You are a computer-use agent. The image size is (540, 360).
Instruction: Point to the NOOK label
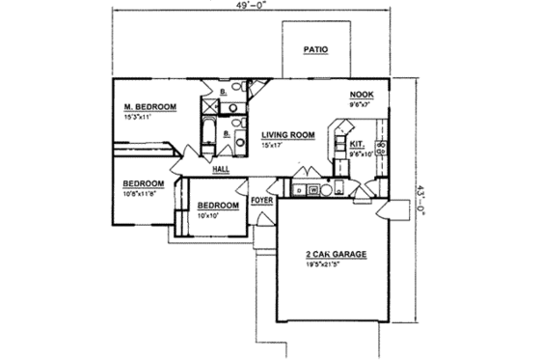(362, 95)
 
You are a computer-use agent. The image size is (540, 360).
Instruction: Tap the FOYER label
(261, 201)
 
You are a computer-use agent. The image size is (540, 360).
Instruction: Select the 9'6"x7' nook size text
(361, 104)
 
